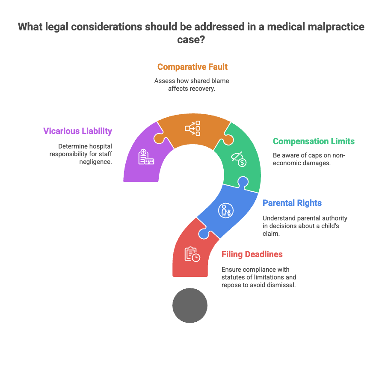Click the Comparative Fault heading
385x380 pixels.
coord(192,67)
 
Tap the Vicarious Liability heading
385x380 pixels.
coord(77,131)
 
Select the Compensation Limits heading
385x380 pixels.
coord(314,141)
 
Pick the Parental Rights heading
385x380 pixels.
coord(292,203)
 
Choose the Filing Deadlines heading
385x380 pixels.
coord(252,254)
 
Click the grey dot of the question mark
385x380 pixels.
coord(190,305)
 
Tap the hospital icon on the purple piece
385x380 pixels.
coord(146,157)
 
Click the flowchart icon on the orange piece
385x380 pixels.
coord(192,128)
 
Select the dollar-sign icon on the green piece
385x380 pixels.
coord(239,159)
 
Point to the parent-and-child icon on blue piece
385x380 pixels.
coord(226,211)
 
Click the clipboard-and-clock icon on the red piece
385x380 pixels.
coord(192,254)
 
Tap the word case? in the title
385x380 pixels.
coord(191,39)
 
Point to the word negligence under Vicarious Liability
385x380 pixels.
coord(95,162)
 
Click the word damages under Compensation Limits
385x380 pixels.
coord(318,163)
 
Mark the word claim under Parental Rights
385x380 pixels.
coord(271,234)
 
